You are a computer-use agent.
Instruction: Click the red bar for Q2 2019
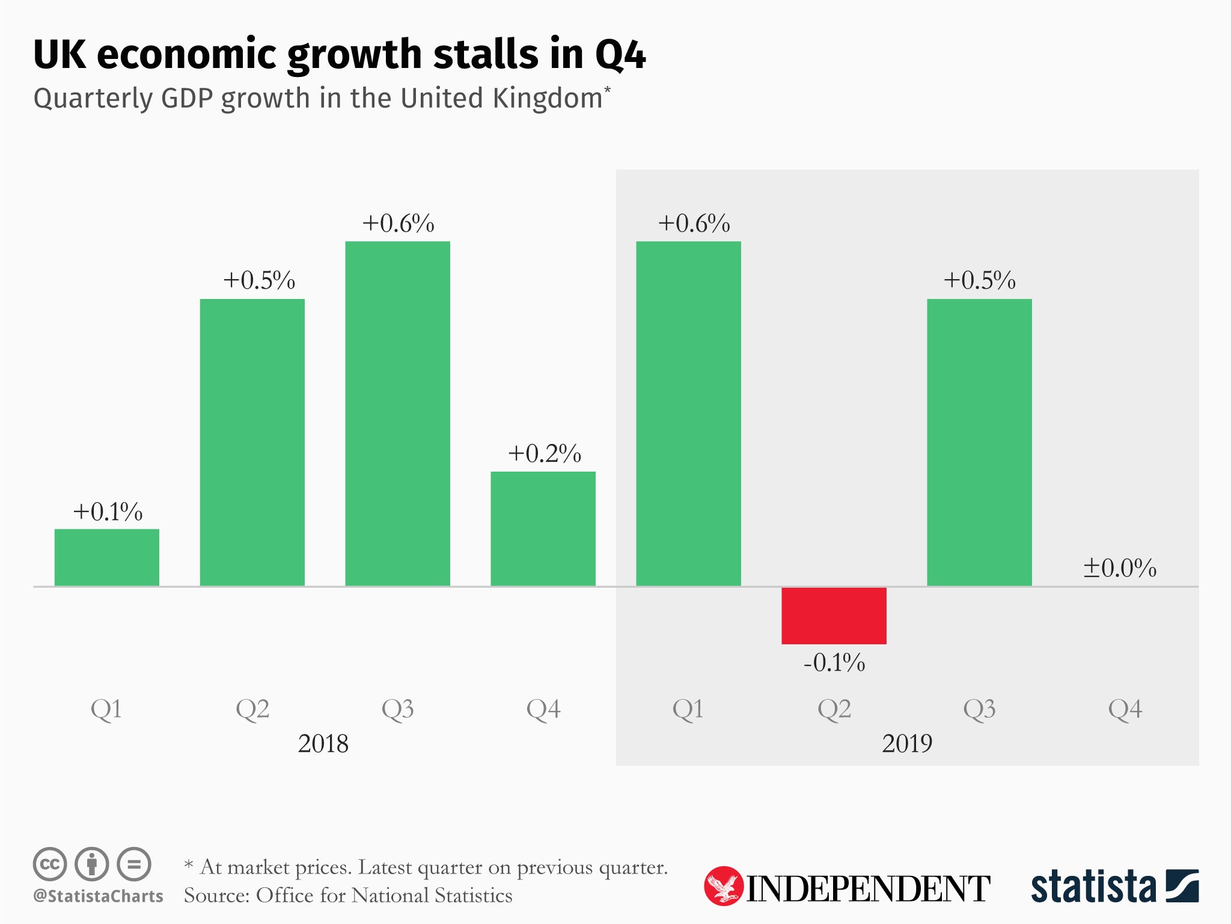click(x=834, y=615)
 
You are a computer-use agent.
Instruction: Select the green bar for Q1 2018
click(x=107, y=557)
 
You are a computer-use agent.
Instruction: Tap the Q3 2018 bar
click(x=397, y=413)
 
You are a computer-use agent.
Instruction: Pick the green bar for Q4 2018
click(x=543, y=528)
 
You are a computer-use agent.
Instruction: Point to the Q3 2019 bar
click(x=979, y=442)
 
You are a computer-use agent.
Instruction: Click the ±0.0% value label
click(x=1119, y=568)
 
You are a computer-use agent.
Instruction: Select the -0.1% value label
click(x=834, y=663)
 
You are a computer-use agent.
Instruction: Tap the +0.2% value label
click(x=545, y=454)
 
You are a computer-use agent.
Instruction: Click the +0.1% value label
click(x=108, y=512)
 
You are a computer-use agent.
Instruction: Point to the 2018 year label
click(x=323, y=744)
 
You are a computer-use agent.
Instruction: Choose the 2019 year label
click(x=907, y=744)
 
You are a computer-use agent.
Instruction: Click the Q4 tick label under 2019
click(x=1125, y=709)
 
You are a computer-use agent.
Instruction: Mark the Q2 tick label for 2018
click(x=252, y=709)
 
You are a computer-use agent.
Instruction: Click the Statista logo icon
click(x=1182, y=885)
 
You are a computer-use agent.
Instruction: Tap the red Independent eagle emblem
click(x=723, y=886)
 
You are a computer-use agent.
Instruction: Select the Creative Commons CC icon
click(x=50, y=864)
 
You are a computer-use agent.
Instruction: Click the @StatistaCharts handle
click(x=98, y=896)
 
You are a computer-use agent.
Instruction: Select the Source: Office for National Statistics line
click(x=348, y=896)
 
